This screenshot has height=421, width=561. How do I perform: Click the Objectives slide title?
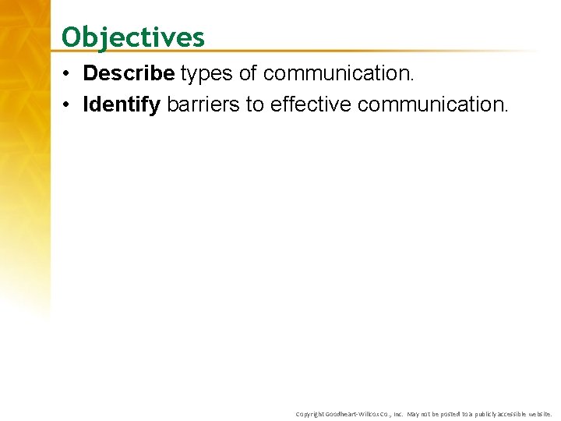tap(132, 37)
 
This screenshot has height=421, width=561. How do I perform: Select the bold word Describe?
tap(128, 73)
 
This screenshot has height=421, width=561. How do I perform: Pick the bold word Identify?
tap(122, 104)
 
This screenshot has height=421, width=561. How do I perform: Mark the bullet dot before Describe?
tap(69, 74)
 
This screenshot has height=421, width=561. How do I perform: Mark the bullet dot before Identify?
tap(69, 105)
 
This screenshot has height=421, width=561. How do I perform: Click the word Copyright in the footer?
tap(309, 414)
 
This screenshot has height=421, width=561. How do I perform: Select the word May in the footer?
tap(414, 414)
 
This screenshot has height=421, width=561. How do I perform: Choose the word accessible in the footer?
tap(515, 414)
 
